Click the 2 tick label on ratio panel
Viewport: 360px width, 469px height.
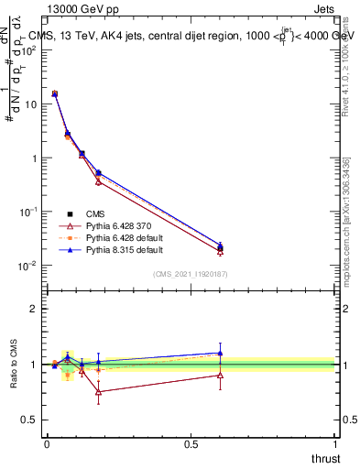click(34, 309)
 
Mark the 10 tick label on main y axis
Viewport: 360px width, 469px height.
click(31, 104)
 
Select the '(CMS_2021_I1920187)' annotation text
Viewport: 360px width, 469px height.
click(190, 274)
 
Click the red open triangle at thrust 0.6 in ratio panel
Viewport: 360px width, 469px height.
click(220, 375)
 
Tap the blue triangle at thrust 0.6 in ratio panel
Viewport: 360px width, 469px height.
click(220, 353)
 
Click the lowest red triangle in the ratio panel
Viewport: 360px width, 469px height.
click(98, 391)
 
